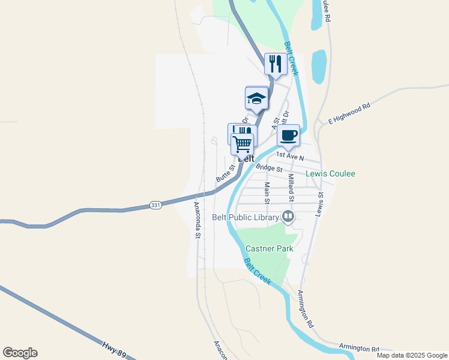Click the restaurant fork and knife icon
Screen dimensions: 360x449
[276, 64]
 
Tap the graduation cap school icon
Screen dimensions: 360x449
[256, 98]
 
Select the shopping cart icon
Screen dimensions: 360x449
[243, 144]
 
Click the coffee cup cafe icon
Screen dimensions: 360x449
[289, 136]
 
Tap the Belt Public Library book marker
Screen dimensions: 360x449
[288, 217]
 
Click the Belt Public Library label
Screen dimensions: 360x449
[246, 217]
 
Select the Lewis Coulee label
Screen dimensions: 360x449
[330, 173]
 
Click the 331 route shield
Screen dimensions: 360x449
[155, 205]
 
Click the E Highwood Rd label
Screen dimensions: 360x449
[349, 114]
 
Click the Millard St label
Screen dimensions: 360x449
[291, 187]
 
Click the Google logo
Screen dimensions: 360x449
[20, 353]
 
